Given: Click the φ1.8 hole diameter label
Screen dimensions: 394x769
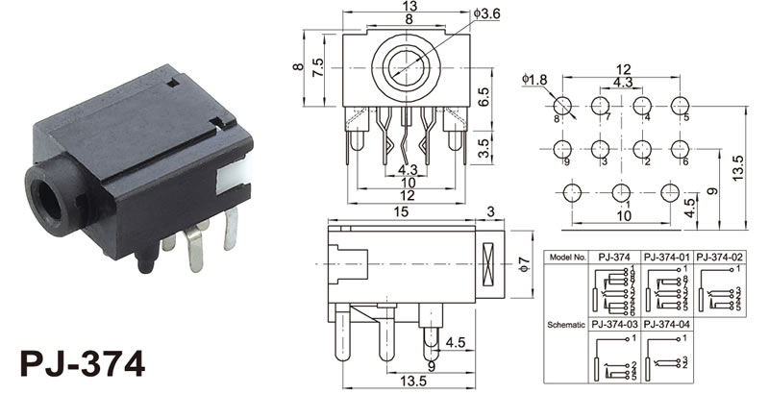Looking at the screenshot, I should [x=533, y=77].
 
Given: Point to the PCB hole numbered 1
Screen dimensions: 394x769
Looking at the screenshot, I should [x=621, y=193].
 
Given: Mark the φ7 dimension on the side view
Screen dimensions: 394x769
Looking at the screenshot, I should [x=525, y=262].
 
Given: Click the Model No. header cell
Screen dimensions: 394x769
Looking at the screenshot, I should [x=566, y=258].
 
